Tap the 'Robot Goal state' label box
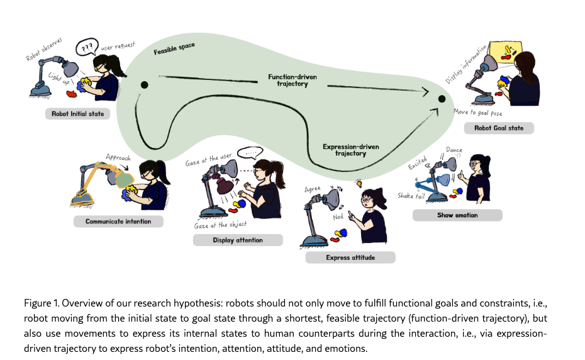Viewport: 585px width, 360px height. click(x=498, y=128)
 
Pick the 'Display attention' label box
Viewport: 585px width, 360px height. click(x=238, y=240)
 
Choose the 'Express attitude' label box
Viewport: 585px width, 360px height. click(x=350, y=257)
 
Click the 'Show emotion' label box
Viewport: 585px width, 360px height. click(x=457, y=215)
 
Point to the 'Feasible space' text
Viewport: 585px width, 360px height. click(x=174, y=50)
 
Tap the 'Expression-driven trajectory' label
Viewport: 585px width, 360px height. click(x=350, y=150)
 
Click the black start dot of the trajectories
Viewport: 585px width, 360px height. click(x=144, y=85)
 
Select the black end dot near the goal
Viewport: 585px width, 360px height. click(x=442, y=99)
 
